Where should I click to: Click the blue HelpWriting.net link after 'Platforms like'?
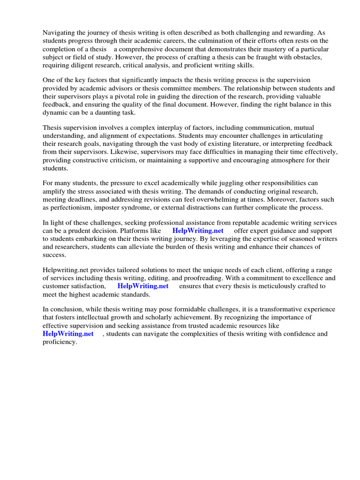coord(198,231)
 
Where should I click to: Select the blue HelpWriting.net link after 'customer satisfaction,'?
coord(143,286)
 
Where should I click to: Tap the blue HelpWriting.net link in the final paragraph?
coord(68,334)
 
